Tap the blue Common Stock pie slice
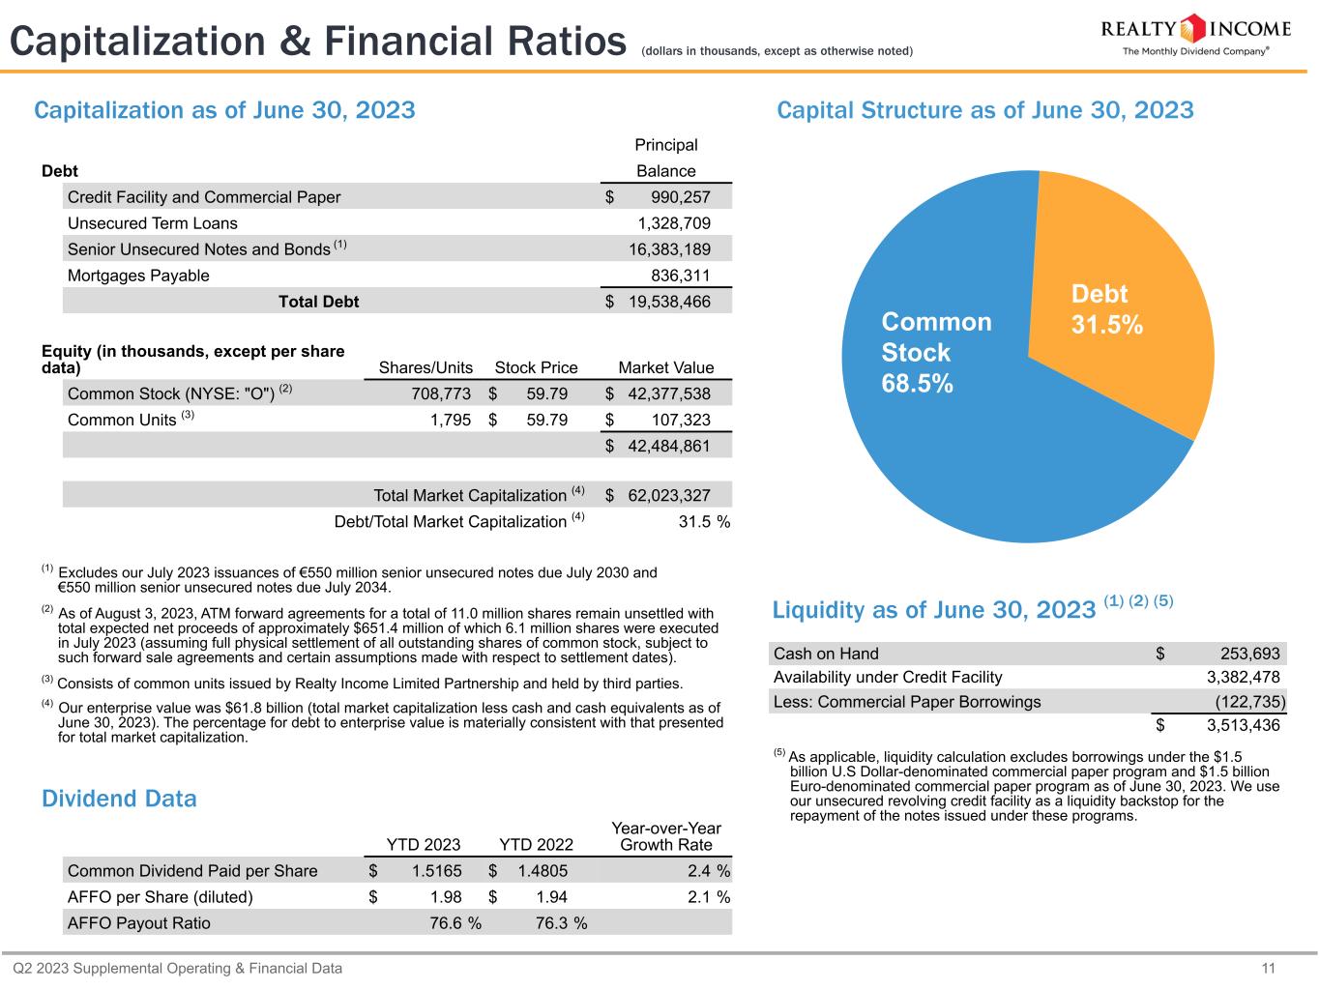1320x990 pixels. (967, 425)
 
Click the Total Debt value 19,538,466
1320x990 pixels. (669, 302)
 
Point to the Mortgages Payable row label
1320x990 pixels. (138, 276)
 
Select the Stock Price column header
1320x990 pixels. (536, 367)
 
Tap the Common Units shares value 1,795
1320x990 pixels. (452, 420)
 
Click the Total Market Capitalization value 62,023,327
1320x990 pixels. (669, 496)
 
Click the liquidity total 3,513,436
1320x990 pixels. (1243, 725)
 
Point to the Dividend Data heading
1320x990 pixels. (119, 799)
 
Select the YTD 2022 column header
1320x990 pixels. (536, 845)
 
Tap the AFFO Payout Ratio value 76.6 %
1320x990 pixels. (455, 923)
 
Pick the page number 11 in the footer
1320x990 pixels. (1269, 969)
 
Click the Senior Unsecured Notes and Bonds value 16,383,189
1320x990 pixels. (669, 249)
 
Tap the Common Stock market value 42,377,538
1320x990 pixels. (669, 393)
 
